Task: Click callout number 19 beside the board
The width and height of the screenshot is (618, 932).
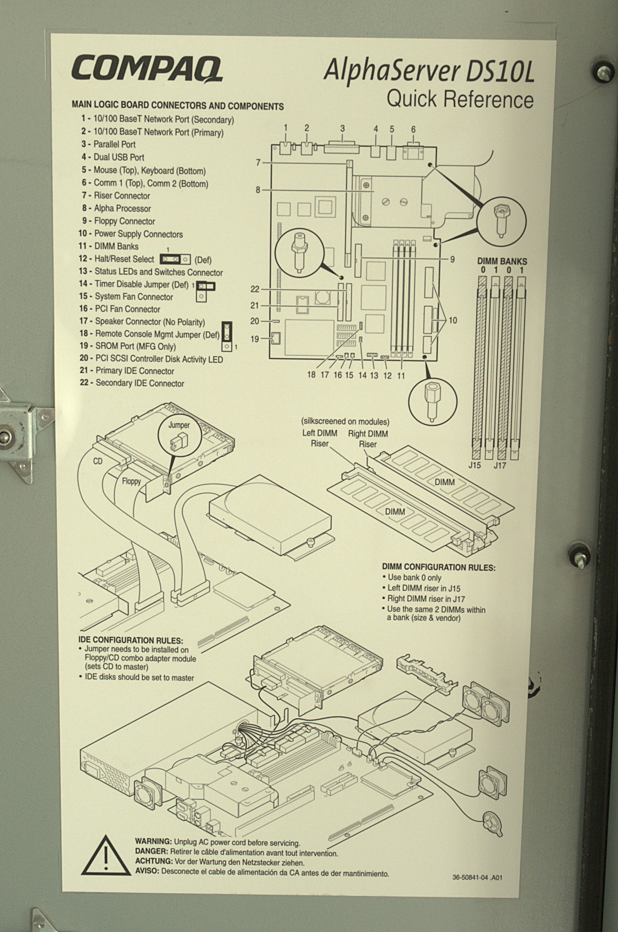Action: point(255,339)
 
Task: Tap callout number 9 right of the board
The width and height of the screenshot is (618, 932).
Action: point(453,259)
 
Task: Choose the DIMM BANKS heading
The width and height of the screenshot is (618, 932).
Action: point(502,261)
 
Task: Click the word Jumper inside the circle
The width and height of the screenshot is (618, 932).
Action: point(179,425)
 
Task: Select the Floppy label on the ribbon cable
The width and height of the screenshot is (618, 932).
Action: point(131,481)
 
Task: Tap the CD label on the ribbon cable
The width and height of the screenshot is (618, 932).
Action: point(98,461)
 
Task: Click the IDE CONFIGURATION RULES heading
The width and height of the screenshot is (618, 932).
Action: point(131,640)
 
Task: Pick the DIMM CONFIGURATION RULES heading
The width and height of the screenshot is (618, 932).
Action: point(438,567)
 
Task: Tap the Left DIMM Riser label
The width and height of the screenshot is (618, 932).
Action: point(320,438)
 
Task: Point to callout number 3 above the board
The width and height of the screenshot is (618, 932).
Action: point(343,129)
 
